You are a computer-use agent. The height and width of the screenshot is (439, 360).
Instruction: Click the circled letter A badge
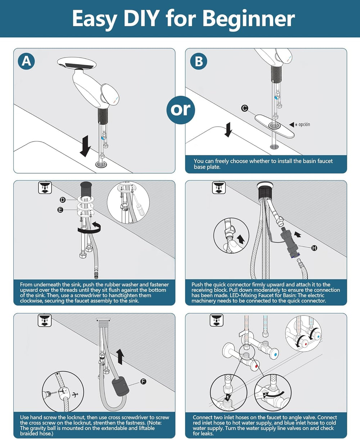click(x=26, y=61)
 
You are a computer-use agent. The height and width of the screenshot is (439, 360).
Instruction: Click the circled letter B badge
click(x=198, y=61)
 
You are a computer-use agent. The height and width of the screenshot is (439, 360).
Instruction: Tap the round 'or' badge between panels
click(x=181, y=110)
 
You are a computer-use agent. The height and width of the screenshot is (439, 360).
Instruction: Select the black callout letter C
click(x=245, y=108)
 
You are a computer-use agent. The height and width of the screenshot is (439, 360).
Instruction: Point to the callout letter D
click(x=63, y=200)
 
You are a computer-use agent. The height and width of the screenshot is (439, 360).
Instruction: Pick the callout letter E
click(x=60, y=210)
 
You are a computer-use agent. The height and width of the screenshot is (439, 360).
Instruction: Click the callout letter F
click(x=143, y=381)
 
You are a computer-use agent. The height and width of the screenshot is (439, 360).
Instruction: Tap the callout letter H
click(x=314, y=248)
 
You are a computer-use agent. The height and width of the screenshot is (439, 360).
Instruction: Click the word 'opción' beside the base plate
click(x=304, y=125)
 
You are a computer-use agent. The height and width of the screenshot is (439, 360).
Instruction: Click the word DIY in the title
click(x=141, y=18)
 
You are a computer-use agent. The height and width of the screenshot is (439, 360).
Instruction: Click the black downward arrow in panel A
click(x=85, y=146)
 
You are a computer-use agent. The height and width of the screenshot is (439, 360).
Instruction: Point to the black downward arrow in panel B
click(x=229, y=130)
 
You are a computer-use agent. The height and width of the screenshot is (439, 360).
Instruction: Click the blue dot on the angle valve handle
click(x=275, y=354)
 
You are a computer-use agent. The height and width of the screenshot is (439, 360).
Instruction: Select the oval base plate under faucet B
click(x=274, y=126)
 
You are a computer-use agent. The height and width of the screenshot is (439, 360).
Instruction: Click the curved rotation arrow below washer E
click(x=90, y=228)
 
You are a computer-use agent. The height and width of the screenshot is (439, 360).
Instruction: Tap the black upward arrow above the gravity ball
click(x=120, y=357)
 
